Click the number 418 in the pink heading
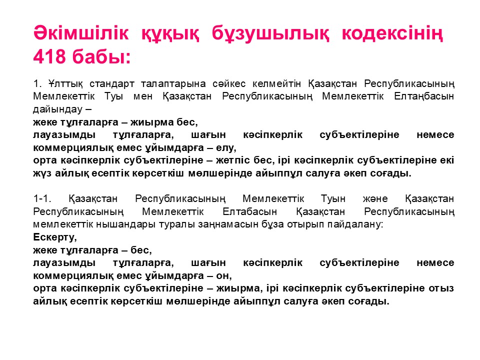coord(49,56)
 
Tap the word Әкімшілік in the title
coord(81,33)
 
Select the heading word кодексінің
coord(392,33)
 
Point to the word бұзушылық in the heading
coord(270,33)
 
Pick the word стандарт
coord(111,84)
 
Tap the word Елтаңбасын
coord(424,96)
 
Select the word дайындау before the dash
coord(58,109)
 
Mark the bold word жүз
coord(42,174)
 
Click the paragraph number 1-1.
coord(41,199)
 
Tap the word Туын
coord(333,199)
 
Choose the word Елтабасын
coord(250,212)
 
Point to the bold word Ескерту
coord(54,237)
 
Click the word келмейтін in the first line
coord(276,84)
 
